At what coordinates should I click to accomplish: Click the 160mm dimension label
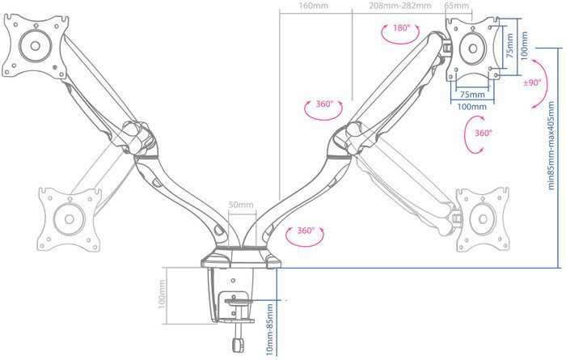[x=314, y=6]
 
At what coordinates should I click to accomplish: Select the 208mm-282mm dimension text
[x=400, y=6]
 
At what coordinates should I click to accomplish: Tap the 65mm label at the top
[x=457, y=6]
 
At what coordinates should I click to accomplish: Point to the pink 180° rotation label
[x=401, y=28]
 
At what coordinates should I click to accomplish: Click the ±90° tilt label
[x=532, y=83]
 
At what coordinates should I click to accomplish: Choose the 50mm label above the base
[x=241, y=205]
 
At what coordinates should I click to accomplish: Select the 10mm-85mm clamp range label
[x=269, y=329]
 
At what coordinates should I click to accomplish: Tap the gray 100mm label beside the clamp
[x=162, y=294]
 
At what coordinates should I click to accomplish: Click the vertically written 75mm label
[x=509, y=46]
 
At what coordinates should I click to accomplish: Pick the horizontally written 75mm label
[x=472, y=95]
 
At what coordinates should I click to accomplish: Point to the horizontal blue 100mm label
[x=471, y=107]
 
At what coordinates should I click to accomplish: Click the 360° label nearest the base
[x=306, y=231]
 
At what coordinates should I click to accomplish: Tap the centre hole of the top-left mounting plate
[x=35, y=46]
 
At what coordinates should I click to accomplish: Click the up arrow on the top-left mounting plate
[x=36, y=26]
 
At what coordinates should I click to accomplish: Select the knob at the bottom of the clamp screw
[x=237, y=345]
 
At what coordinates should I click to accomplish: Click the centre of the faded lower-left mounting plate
[x=70, y=218]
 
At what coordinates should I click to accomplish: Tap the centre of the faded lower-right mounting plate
[x=483, y=219]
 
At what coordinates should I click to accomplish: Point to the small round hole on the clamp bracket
[x=233, y=280]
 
